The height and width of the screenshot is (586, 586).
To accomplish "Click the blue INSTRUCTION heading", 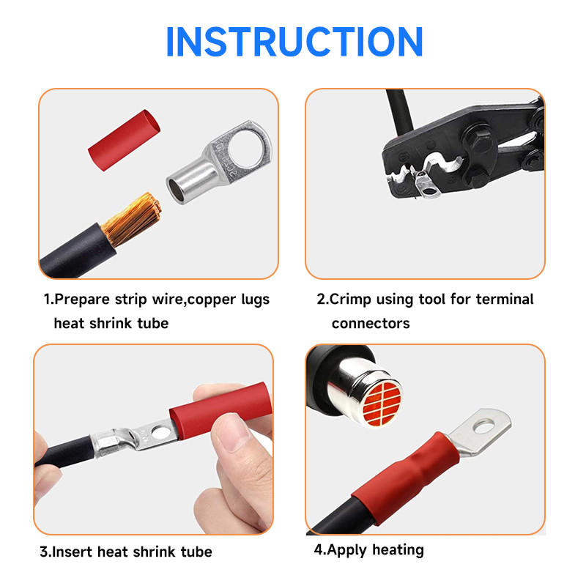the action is click(294, 42).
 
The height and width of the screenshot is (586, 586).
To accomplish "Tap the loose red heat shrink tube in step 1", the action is click(124, 140).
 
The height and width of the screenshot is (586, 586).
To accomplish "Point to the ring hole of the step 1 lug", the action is click(245, 148).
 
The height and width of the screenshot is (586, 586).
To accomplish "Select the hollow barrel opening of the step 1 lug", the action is click(177, 190).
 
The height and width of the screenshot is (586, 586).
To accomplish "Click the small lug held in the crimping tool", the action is click(427, 185).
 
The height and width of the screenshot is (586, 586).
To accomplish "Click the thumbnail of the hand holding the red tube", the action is click(232, 433).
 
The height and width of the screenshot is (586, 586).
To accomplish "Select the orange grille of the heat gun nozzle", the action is click(382, 404).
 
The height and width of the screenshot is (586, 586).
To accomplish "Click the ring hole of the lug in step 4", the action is click(483, 426).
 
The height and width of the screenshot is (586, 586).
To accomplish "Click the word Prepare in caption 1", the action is click(82, 300).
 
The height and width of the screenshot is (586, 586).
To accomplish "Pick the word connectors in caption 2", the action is click(371, 324).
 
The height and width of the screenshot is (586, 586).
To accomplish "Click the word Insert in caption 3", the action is click(72, 552).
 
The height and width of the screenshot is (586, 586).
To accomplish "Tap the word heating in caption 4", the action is click(398, 551).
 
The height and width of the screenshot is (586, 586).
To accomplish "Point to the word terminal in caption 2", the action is click(505, 300).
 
